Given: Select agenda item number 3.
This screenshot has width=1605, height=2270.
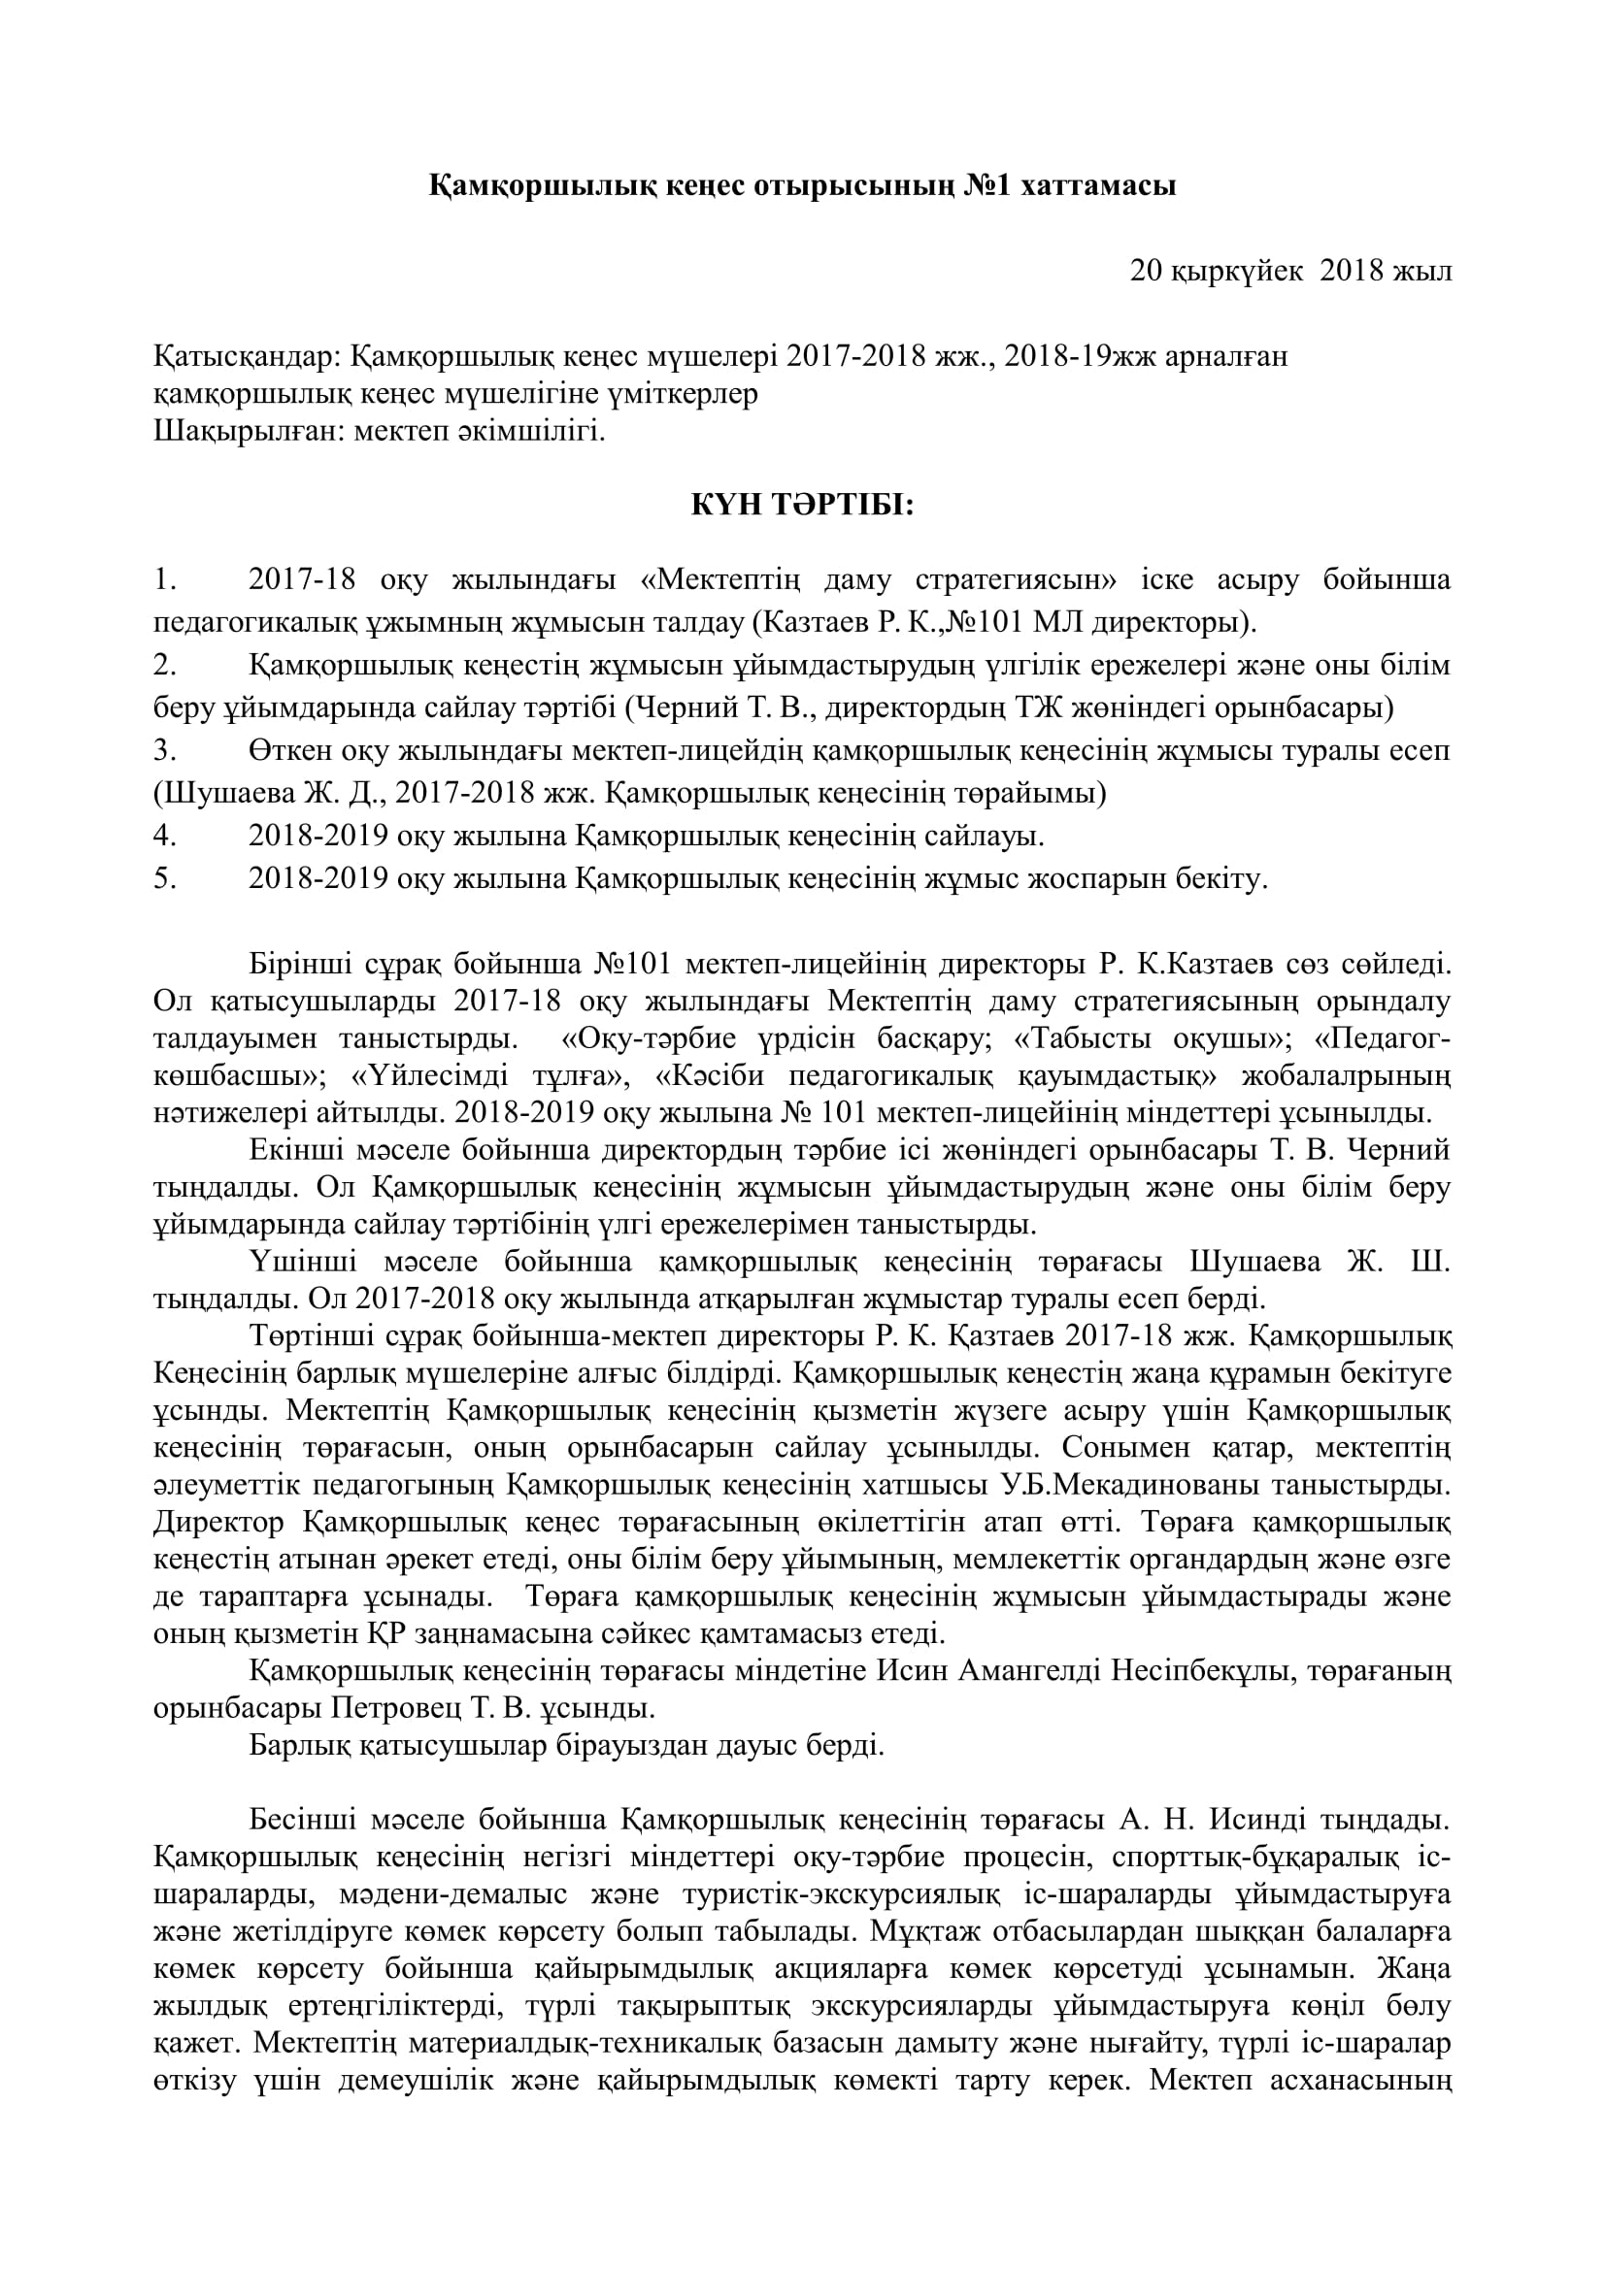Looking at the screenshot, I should point(164,750).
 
